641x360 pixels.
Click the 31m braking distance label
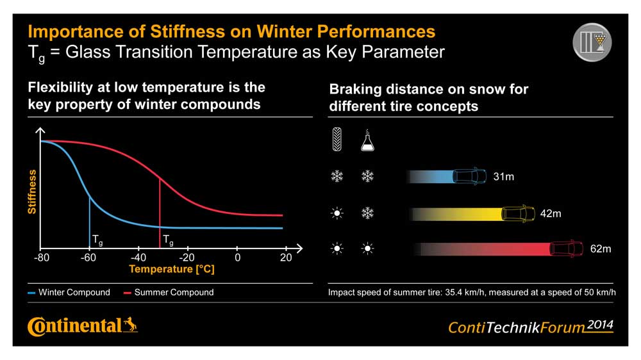coord(503,176)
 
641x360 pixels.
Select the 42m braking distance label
coord(551,213)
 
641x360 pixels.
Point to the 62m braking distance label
coord(601,249)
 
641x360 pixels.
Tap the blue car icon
coord(469,176)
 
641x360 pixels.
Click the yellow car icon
coord(517,213)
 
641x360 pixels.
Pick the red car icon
coord(567,249)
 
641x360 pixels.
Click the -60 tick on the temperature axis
coord(88,258)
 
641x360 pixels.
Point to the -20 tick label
coord(187,258)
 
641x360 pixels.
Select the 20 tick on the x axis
coord(286,258)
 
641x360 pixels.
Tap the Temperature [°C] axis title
coord(172,270)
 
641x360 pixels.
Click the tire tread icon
coord(337,140)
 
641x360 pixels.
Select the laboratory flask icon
coord(367,140)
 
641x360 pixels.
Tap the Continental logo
coord(83,326)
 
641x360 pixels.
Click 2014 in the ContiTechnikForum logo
coord(599,324)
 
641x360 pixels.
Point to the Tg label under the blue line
coord(97,241)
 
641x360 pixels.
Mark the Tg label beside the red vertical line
coord(168,241)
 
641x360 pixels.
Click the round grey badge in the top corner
coord(592,42)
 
